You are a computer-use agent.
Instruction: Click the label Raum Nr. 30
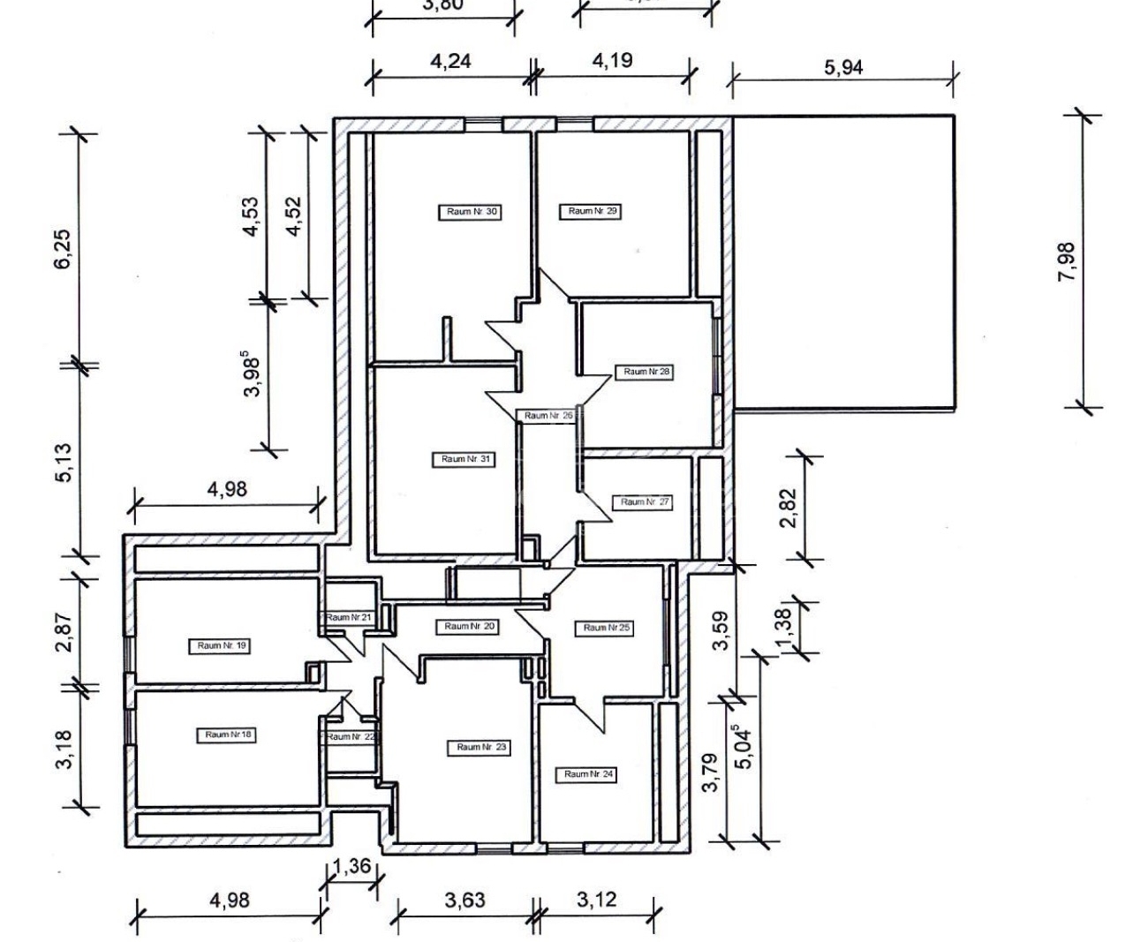point(471,212)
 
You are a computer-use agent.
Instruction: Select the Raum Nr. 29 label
point(592,211)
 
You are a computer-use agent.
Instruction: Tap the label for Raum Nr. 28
point(646,372)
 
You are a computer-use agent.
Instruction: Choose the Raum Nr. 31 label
point(465,459)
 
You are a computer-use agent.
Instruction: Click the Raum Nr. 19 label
point(222,645)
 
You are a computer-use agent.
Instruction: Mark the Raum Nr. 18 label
point(228,735)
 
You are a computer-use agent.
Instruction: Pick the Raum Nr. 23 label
point(480,747)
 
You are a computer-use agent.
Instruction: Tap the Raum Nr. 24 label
point(588,774)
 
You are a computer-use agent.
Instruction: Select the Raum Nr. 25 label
point(606,628)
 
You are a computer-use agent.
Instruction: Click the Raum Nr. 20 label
point(469,626)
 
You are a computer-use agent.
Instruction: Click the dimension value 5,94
point(843,67)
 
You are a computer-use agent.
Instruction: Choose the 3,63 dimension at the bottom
point(464,901)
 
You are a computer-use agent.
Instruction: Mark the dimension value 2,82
point(789,508)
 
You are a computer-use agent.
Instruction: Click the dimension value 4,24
point(450,61)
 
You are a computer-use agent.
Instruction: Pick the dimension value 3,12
point(597,901)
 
